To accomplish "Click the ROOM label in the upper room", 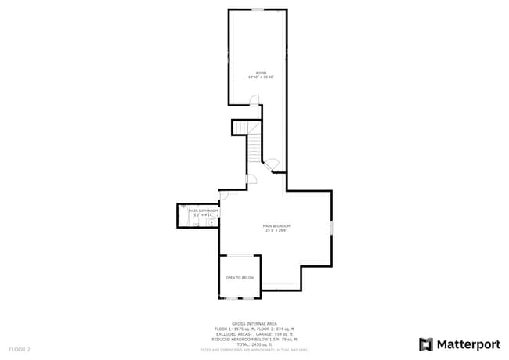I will click(261, 73).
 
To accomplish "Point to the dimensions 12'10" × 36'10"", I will click(261, 77).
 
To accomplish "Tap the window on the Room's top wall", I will click(258, 9).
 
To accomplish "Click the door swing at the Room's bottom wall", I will click(254, 99).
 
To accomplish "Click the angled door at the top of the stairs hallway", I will click(272, 164).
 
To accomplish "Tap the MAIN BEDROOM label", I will click(276, 225).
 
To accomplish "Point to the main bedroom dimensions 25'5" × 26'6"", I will click(276, 230).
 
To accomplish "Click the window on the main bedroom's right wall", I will click(332, 228).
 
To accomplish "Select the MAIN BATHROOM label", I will click(204, 211).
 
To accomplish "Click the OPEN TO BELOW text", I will click(240, 278).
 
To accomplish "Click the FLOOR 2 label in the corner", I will click(20, 348).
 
